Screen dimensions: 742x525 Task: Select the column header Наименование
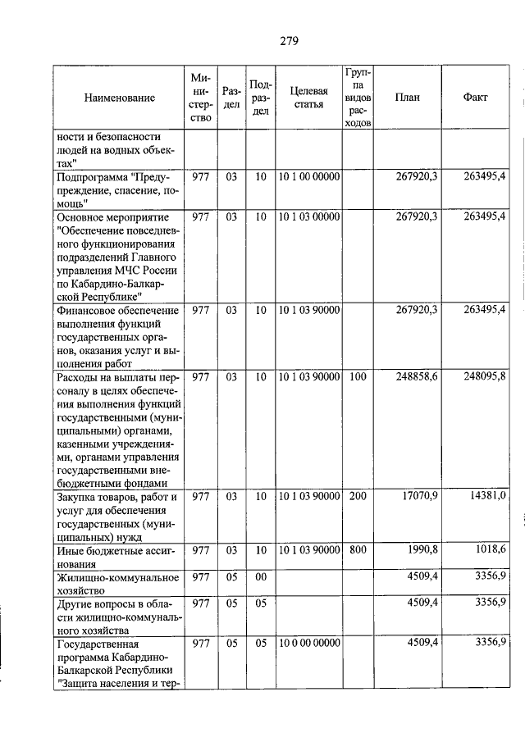119,98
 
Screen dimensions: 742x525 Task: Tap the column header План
407,98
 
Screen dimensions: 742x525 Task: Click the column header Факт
475,98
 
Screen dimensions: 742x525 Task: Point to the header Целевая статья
309,98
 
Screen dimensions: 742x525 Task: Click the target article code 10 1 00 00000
309,175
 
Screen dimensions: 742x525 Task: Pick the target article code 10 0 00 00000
309,643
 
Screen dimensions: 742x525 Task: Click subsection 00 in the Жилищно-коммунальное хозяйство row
260,577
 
